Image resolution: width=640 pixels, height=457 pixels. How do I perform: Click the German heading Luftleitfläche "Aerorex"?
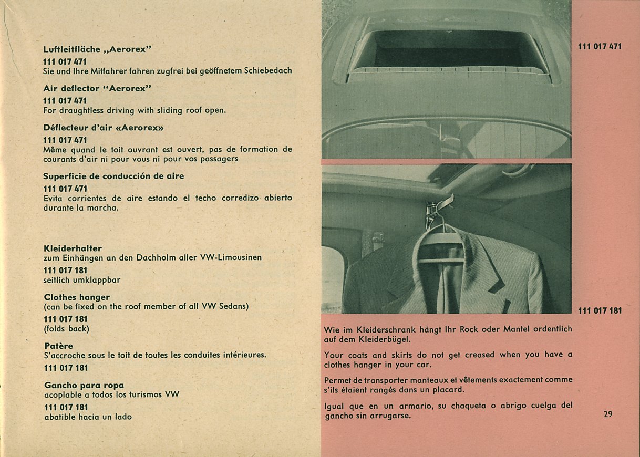97,49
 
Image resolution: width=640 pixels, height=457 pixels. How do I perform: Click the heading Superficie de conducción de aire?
113,176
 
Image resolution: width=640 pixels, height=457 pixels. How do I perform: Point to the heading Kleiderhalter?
73,248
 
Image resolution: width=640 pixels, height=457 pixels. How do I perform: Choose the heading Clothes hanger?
77,297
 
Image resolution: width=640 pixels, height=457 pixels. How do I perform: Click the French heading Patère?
59,346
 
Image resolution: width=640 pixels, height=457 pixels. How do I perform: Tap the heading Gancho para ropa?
84,385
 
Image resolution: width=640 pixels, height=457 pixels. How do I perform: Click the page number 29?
607,414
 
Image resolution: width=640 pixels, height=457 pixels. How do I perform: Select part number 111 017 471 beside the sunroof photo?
600,47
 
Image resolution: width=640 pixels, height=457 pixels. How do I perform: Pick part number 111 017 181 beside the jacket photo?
600,311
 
